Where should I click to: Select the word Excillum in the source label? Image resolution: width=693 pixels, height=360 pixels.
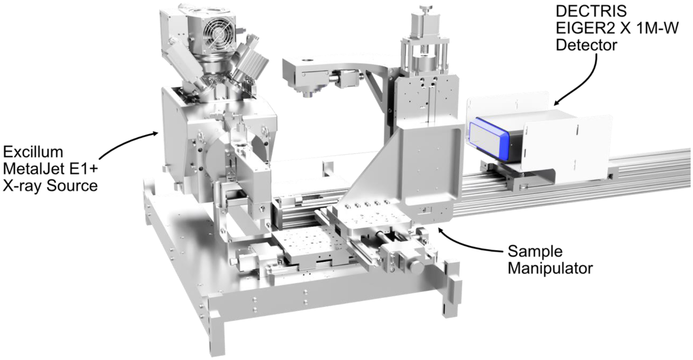[33, 151]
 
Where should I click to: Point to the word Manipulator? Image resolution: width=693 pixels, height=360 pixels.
[550, 268]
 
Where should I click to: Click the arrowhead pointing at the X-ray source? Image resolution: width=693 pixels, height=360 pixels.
[154, 134]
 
